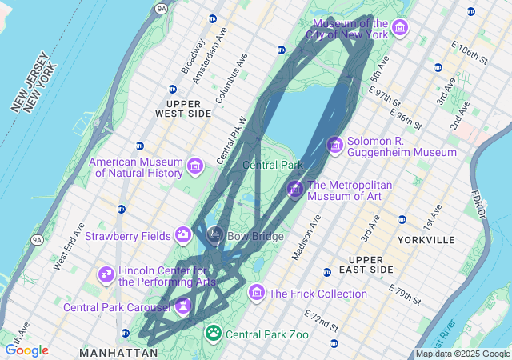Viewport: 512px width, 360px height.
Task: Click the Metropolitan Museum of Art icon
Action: pyautogui.click(x=295, y=190)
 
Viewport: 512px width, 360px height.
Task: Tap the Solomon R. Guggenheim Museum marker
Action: pyautogui.click(x=336, y=145)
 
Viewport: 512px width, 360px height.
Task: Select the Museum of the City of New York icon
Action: pyautogui.click(x=400, y=29)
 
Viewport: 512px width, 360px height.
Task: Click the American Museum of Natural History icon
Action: pyautogui.click(x=194, y=166)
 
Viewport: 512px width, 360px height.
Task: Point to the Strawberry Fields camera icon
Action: pyautogui.click(x=183, y=235)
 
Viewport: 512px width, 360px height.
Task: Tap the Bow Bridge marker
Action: pyautogui.click(x=214, y=235)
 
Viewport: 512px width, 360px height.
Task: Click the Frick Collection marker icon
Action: pyautogui.click(x=257, y=293)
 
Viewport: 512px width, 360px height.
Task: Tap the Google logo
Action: pyautogui.click(x=26, y=350)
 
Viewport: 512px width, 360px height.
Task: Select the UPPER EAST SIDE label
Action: pyautogui.click(x=366, y=265)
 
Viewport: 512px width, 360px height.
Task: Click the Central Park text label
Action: pyautogui.click(x=272, y=166)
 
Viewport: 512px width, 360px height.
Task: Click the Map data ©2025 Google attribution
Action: pyautogui.click(x=462, y=354)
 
